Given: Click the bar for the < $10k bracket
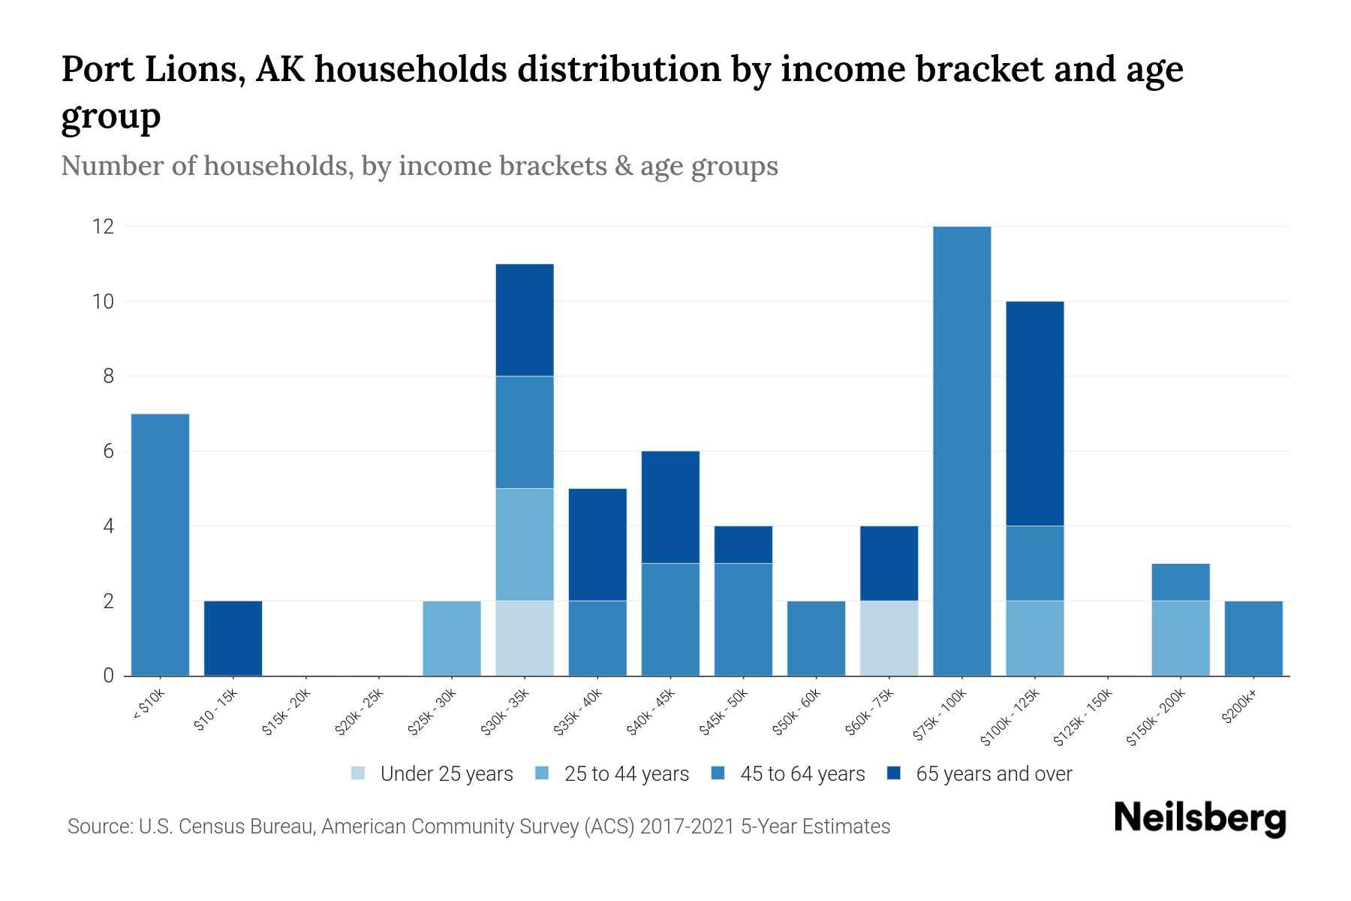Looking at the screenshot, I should tap(160, 544).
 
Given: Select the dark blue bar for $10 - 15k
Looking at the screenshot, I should tap(233, 638).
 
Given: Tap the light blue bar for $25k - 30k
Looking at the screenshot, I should tap(452, 638).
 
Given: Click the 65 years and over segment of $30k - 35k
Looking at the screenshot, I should tap(525, 320).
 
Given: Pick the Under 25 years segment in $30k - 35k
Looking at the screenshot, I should tap(525, 638).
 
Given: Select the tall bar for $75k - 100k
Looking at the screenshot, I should tap(961, 450).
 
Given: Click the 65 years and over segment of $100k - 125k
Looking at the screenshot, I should tap(1034, 413).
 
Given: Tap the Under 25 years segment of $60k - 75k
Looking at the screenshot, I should tap(889, 638).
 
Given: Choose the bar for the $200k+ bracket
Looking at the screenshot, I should tap(1253, 638).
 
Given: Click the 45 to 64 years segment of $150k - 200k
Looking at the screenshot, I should tap(1181, 582).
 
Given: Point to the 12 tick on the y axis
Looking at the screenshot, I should tap(103, 227).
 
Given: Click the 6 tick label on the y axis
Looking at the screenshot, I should tap(109, 451).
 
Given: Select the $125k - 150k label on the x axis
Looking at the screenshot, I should tap(1083, 718).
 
